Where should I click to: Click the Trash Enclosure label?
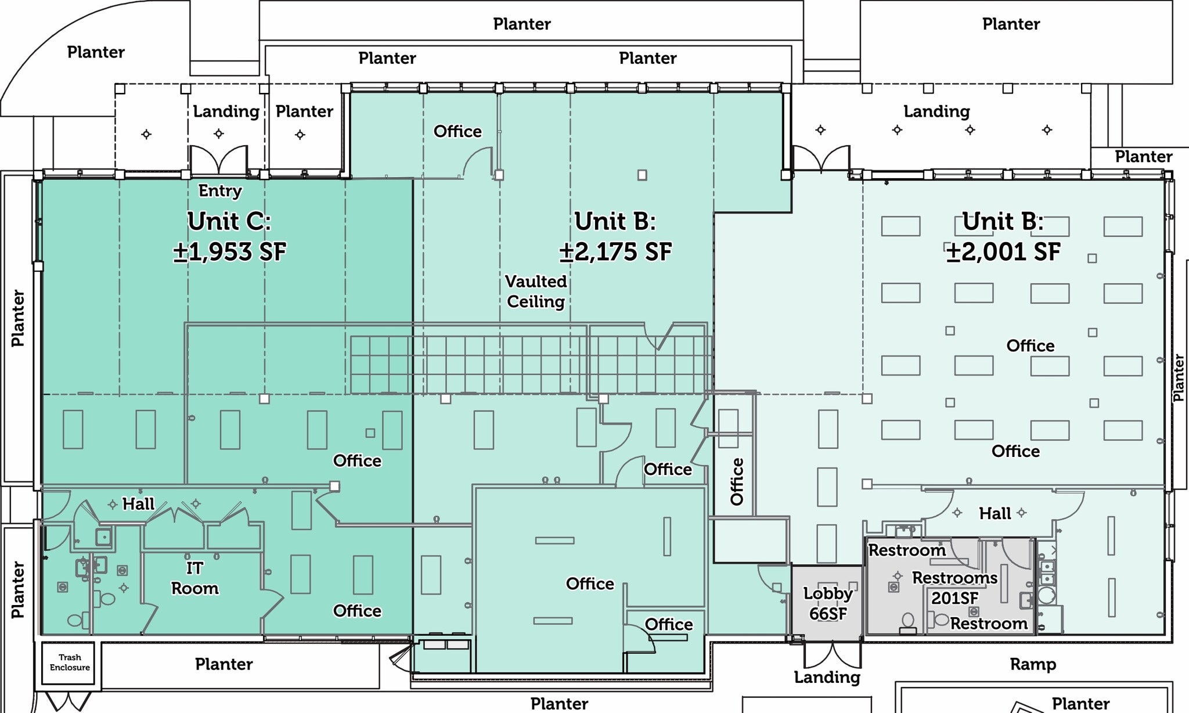[70, 662]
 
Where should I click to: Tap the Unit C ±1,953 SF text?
[230, 236]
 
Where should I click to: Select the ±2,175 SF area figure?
[615, 252]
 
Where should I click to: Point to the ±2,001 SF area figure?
[1003, 252]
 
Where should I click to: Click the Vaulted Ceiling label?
[536, 291]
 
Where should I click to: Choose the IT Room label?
[194, 578]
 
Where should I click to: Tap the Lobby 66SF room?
[828, 603]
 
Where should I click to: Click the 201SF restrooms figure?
[955, 598]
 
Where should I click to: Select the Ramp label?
[1033, 664]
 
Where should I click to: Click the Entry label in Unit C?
[220, 191]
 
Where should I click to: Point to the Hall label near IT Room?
[138, 504]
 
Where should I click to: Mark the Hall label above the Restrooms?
[995, 513]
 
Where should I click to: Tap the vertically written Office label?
[737, 482]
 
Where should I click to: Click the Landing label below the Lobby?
[827, 678]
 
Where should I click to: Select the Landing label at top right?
[936, 111]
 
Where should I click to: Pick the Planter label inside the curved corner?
[96, 52]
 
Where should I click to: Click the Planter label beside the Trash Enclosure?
[224, 664]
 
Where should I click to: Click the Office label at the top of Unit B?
[457, 131]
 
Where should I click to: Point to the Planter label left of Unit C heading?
[18, 318]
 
